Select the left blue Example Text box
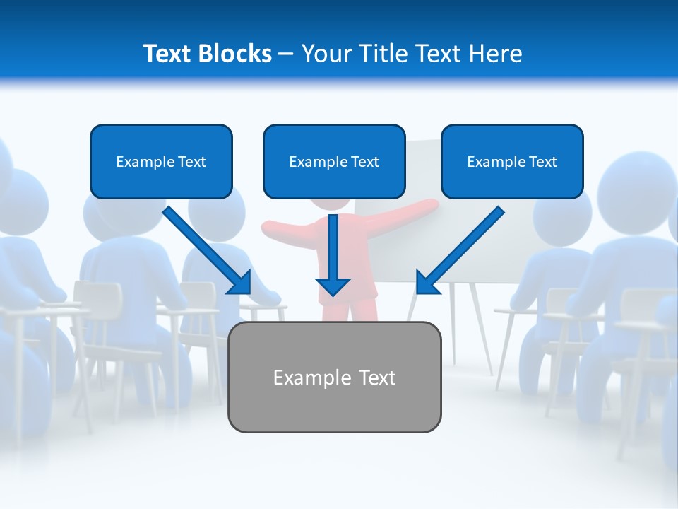pyautogui.click(x=161, y=162)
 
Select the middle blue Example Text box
pyautogui.click(x=334, y=162)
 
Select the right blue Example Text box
pyautogui.click(x=512, y=162)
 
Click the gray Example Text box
pyautogui.click(x=334, y=377)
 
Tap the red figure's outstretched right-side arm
pyautogui.click(x=406, y=212)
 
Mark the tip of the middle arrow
pyautogui.click(x=333, y=293)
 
